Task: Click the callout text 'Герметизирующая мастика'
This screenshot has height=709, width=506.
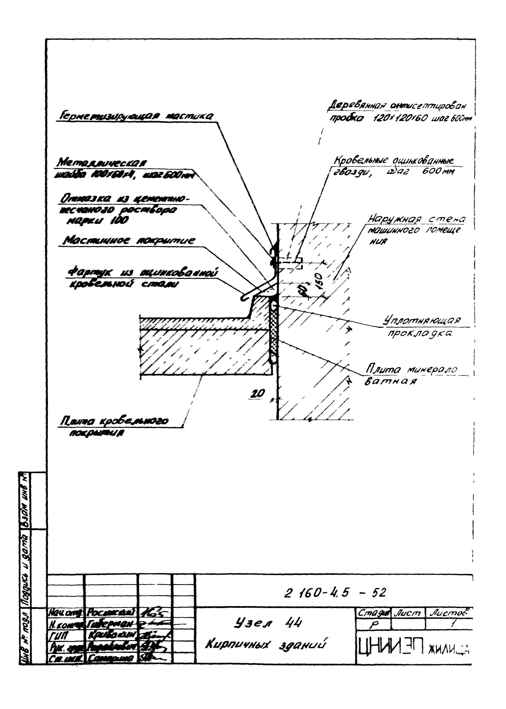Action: [x=136, y=116]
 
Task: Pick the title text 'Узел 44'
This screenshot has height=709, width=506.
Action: [x=267, y=622]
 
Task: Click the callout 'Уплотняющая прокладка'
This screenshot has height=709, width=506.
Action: [x=422, y=327]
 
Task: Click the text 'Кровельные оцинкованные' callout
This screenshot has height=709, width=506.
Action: [x=393, y=161]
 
